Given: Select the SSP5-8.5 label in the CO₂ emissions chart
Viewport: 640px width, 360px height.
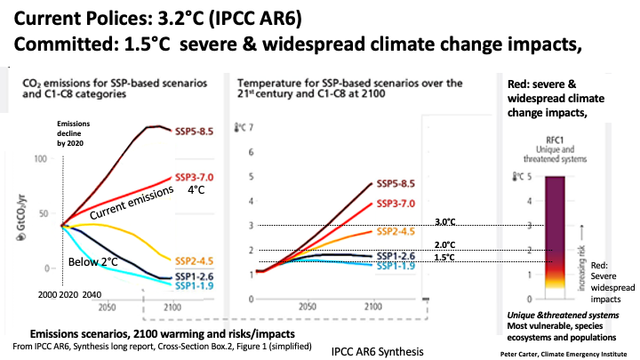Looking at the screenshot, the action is (x=195, y=132).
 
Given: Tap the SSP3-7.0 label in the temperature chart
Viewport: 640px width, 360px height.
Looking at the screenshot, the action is (x=396, y=204).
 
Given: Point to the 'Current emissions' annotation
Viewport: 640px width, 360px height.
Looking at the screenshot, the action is (x=132, y=203).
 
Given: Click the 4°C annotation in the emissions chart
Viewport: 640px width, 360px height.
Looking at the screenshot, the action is (x=196, y=190).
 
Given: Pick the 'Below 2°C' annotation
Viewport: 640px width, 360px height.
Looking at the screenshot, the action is (x=92, y=261).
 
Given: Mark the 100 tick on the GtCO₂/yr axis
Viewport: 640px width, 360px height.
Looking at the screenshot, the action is (x=40, y=159).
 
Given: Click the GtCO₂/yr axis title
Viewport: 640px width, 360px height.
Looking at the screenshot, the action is (x=21, y=217).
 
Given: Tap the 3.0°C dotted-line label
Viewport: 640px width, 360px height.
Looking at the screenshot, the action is (x=445, y=221).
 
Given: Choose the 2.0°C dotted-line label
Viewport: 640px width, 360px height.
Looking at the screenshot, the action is (x=445, y=245).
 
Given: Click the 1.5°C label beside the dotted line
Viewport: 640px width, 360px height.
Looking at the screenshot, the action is (x=444, y=257).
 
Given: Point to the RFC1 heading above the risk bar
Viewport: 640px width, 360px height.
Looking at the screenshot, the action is (x=555, y=140).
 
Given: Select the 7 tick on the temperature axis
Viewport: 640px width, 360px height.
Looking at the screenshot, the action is (x=251, y=127).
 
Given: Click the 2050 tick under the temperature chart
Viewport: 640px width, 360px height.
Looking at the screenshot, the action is (x=307, y=307).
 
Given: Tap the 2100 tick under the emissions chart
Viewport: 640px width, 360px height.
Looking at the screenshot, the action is (x=172, y=307).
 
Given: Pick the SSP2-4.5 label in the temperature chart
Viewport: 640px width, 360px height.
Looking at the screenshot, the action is (x=396, y=231).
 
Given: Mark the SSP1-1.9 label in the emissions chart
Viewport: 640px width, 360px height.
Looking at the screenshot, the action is (x=195, y=285).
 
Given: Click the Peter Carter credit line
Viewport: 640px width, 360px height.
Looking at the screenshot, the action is (x=564, y=354).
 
